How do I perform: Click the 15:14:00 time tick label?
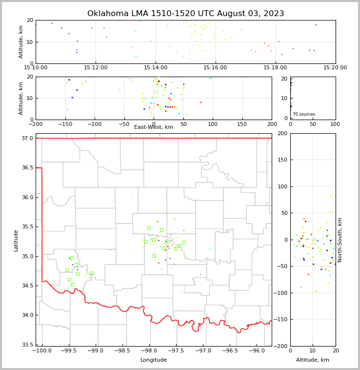coord(156,68)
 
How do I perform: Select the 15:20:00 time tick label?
coord(335,68)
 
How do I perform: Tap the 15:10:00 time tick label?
coord(36,68)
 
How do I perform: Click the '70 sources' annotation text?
coord(304,114)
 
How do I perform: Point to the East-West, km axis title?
coord(154,127)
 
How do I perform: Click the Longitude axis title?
coord(154,360)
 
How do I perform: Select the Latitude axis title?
coord(16,240)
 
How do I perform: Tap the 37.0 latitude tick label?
coord(27,139)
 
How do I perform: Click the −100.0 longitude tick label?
coord(41,351)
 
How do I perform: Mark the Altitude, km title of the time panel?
coord(21,42)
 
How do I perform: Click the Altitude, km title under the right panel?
coord(313,360)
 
